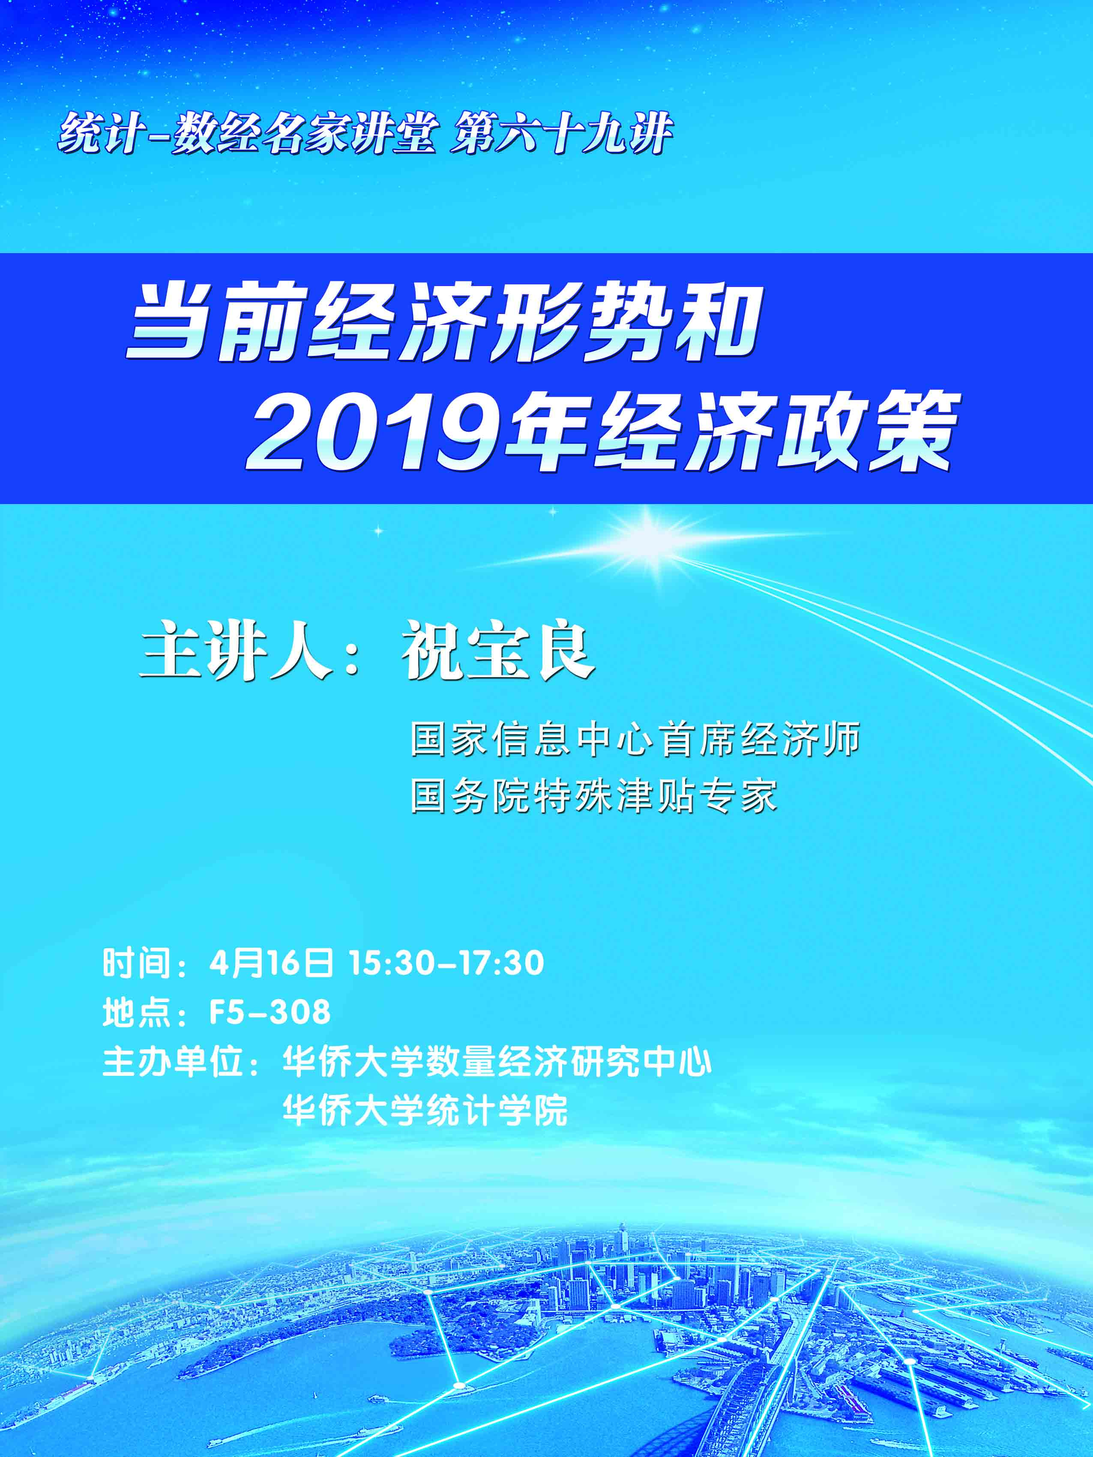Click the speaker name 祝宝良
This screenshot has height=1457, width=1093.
point(499,651)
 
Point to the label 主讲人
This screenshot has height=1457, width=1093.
point(236,651)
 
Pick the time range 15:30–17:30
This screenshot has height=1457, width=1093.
point(447,964)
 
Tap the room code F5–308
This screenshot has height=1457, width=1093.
point(270,1012)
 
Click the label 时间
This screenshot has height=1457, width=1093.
point(136,964)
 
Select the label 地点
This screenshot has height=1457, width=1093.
point(136,1012)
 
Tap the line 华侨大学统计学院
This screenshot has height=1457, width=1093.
point(425,1111)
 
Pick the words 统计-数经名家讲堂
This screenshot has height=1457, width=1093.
point(248,134)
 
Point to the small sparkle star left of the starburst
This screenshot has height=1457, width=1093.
point(379,530)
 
